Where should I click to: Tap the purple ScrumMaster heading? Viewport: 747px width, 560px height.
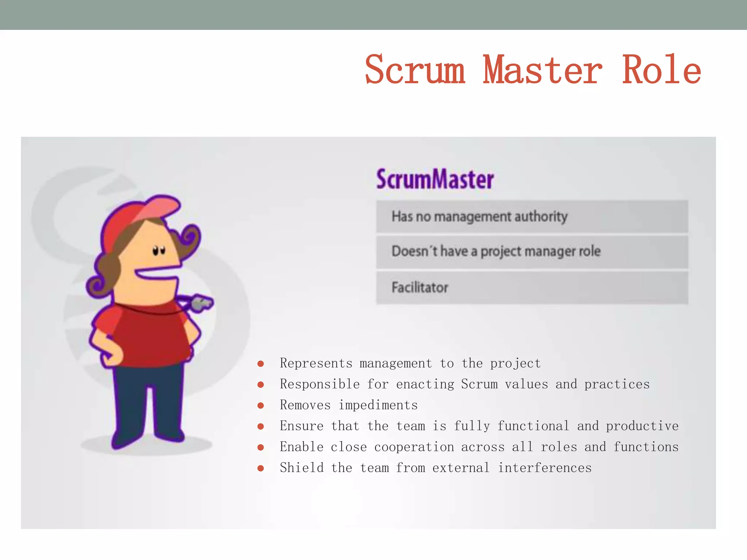435,179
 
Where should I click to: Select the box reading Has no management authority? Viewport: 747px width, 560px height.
532,217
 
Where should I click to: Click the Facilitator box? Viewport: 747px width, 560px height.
532,288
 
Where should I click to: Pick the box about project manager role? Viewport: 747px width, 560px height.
532,252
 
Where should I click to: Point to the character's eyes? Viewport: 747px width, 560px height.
159,251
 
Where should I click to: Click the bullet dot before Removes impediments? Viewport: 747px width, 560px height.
260,405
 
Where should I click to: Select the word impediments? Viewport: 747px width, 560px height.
378,405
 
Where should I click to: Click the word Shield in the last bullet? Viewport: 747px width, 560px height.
302,468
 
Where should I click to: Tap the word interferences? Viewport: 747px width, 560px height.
545,468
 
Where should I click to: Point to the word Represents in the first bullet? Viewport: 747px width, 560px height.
316,363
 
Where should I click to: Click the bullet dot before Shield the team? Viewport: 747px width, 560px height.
260,468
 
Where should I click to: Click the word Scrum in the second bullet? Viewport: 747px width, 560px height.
479,384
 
